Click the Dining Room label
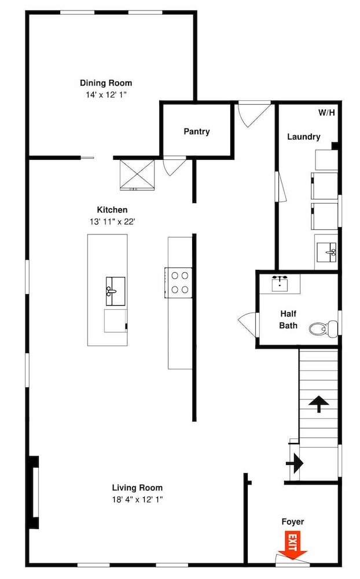[x=106, y=83]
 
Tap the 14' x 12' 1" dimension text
[x=106, y=95]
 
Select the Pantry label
[x=197, y=131]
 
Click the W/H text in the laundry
[x=327, y=113]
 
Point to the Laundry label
[x=303, y=137]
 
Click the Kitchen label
[x=112, y=210]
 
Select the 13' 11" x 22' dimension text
[x=112, y=222]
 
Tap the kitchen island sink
[x=115, y=291]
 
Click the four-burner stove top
[x=178, y=283]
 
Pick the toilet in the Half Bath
[x=324, y=328]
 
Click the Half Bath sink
[x=280, y=284]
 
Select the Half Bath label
[x=288, y=320]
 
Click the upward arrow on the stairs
[x=319, y=404]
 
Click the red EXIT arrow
[x=293, y=545]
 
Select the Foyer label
[x=293, y=522]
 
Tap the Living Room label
[x=137, y=488]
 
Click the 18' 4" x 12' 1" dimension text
[x=137, y=500]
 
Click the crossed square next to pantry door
[x=137, y=174]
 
